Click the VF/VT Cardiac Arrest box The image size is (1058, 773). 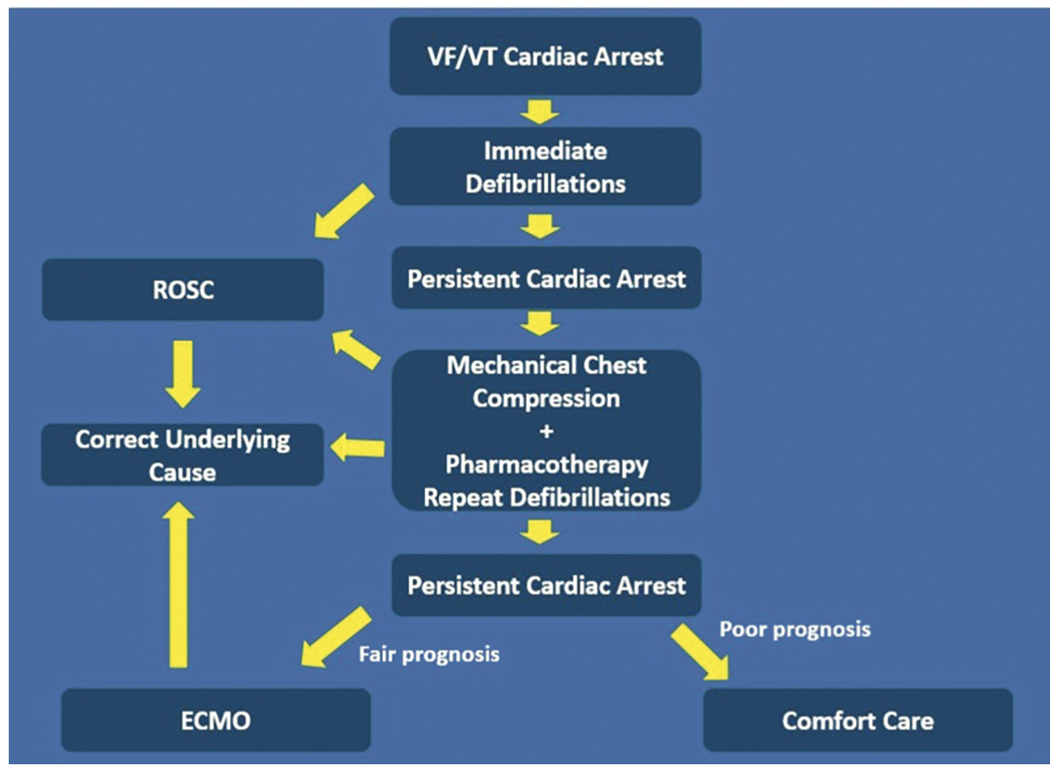[x=545, y=56]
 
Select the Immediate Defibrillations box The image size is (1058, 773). [x=545, y=167]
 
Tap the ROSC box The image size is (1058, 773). [x=183, y=289]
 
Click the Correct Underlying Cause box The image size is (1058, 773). [x=183, y=455]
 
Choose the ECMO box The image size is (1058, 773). [x=216, y=721]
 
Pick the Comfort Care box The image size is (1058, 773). [x=858, y=721]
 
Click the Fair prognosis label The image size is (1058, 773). [x=429, y=655]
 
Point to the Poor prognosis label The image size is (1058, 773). [x=795, y=629]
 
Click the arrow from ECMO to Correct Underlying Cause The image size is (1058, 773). [x=179, y=585]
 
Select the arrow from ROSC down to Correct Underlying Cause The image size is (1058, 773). [x=183, y=372]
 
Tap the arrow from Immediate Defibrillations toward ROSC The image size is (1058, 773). [x=343, y=212]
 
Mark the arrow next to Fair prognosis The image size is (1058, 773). [x=336, y=636]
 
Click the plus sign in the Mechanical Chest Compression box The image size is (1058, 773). [x=546, y=432]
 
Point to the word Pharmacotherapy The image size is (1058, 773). [x=546, y=464]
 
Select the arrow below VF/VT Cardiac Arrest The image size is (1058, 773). [x=540, y=111]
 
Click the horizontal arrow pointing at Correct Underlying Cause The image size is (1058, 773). [x=357, y=448]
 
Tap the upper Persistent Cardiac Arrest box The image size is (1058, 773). [x=546, y=279]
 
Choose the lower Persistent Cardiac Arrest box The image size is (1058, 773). [x=546, y=585]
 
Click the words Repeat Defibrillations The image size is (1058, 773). [x=546, y=498]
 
